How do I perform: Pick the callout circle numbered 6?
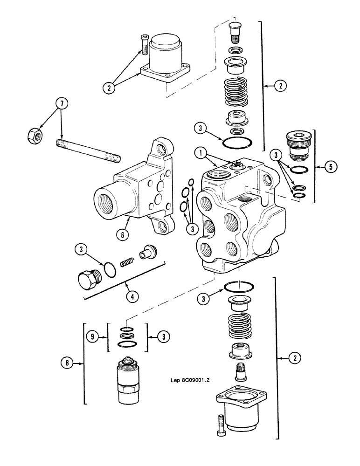point(122,235)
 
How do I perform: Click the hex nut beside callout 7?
point(34,135)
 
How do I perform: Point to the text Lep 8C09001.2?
point(191,379)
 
